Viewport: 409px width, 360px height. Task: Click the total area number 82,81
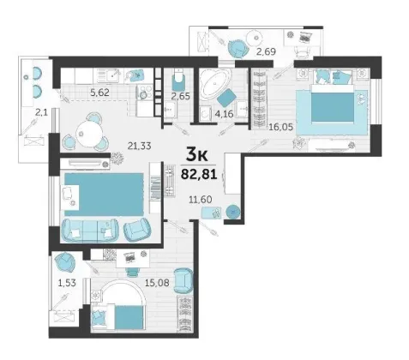[x=199, y=174]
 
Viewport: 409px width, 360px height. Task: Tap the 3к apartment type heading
[x=196, y=155]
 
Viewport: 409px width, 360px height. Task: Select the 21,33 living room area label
[x=140, y=146]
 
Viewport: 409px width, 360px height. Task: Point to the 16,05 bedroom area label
[x=281, y=127]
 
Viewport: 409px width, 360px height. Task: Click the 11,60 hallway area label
[x=201, y=200]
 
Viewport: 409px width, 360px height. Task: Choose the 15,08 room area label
[x=157, y=283]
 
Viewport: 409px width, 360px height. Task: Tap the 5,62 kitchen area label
[x=99, y=93]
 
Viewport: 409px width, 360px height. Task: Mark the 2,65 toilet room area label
[x=180, y=96]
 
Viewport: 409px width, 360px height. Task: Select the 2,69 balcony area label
[x=266, y=51]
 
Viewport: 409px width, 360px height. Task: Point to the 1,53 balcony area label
[x=67, y=283]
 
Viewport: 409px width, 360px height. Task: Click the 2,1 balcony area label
[x=41, y=113]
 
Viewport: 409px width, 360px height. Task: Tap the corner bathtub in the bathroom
[x=215, y=84]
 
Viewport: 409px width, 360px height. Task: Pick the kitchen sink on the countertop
[x=111, y=75]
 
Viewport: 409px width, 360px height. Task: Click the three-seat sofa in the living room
[x=90, y=231]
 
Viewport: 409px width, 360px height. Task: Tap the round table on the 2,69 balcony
[x=254, y=38]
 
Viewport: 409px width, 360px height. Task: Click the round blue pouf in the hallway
[x=233, y=212]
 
